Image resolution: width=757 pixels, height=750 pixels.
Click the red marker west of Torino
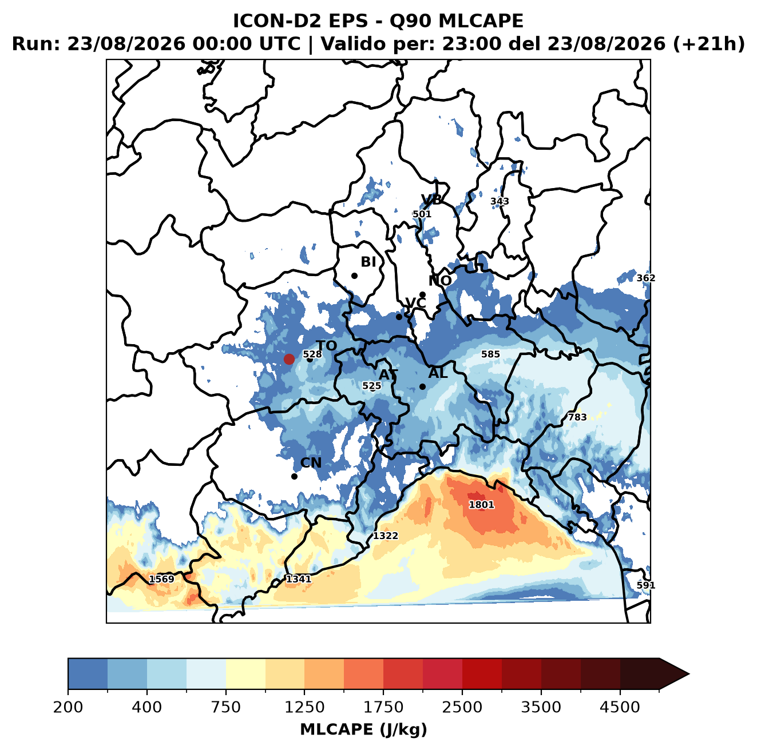(289, 359)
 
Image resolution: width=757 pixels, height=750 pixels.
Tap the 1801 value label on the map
(481, 505)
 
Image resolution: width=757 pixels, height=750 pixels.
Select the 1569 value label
(161, 579)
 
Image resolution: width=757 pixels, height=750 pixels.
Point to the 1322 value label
(386, 536)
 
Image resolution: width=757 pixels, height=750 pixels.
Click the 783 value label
(577, 417)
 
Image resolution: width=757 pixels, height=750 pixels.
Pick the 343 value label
(500, 201)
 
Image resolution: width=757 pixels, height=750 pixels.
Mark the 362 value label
(646, 278)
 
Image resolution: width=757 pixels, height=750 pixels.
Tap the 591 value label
(646, 585)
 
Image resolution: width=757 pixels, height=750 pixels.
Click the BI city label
(368, 262)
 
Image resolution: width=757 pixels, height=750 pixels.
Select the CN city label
(311, 462)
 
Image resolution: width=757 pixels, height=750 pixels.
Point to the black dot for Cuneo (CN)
(294, 476)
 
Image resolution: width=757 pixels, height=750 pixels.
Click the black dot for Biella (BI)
(354, 276)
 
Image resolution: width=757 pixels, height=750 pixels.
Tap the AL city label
(438, 373)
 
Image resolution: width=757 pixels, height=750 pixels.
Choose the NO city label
(440, 281)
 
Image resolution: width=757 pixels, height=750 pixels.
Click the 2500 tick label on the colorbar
(462, 707)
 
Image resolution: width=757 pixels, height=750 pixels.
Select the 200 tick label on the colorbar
(68, 707)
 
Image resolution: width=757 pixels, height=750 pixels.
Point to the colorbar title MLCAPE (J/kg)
(363, 729)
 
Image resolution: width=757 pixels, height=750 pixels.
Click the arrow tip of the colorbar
(689, 674)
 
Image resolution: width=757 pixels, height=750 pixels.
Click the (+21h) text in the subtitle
(709, 43)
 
